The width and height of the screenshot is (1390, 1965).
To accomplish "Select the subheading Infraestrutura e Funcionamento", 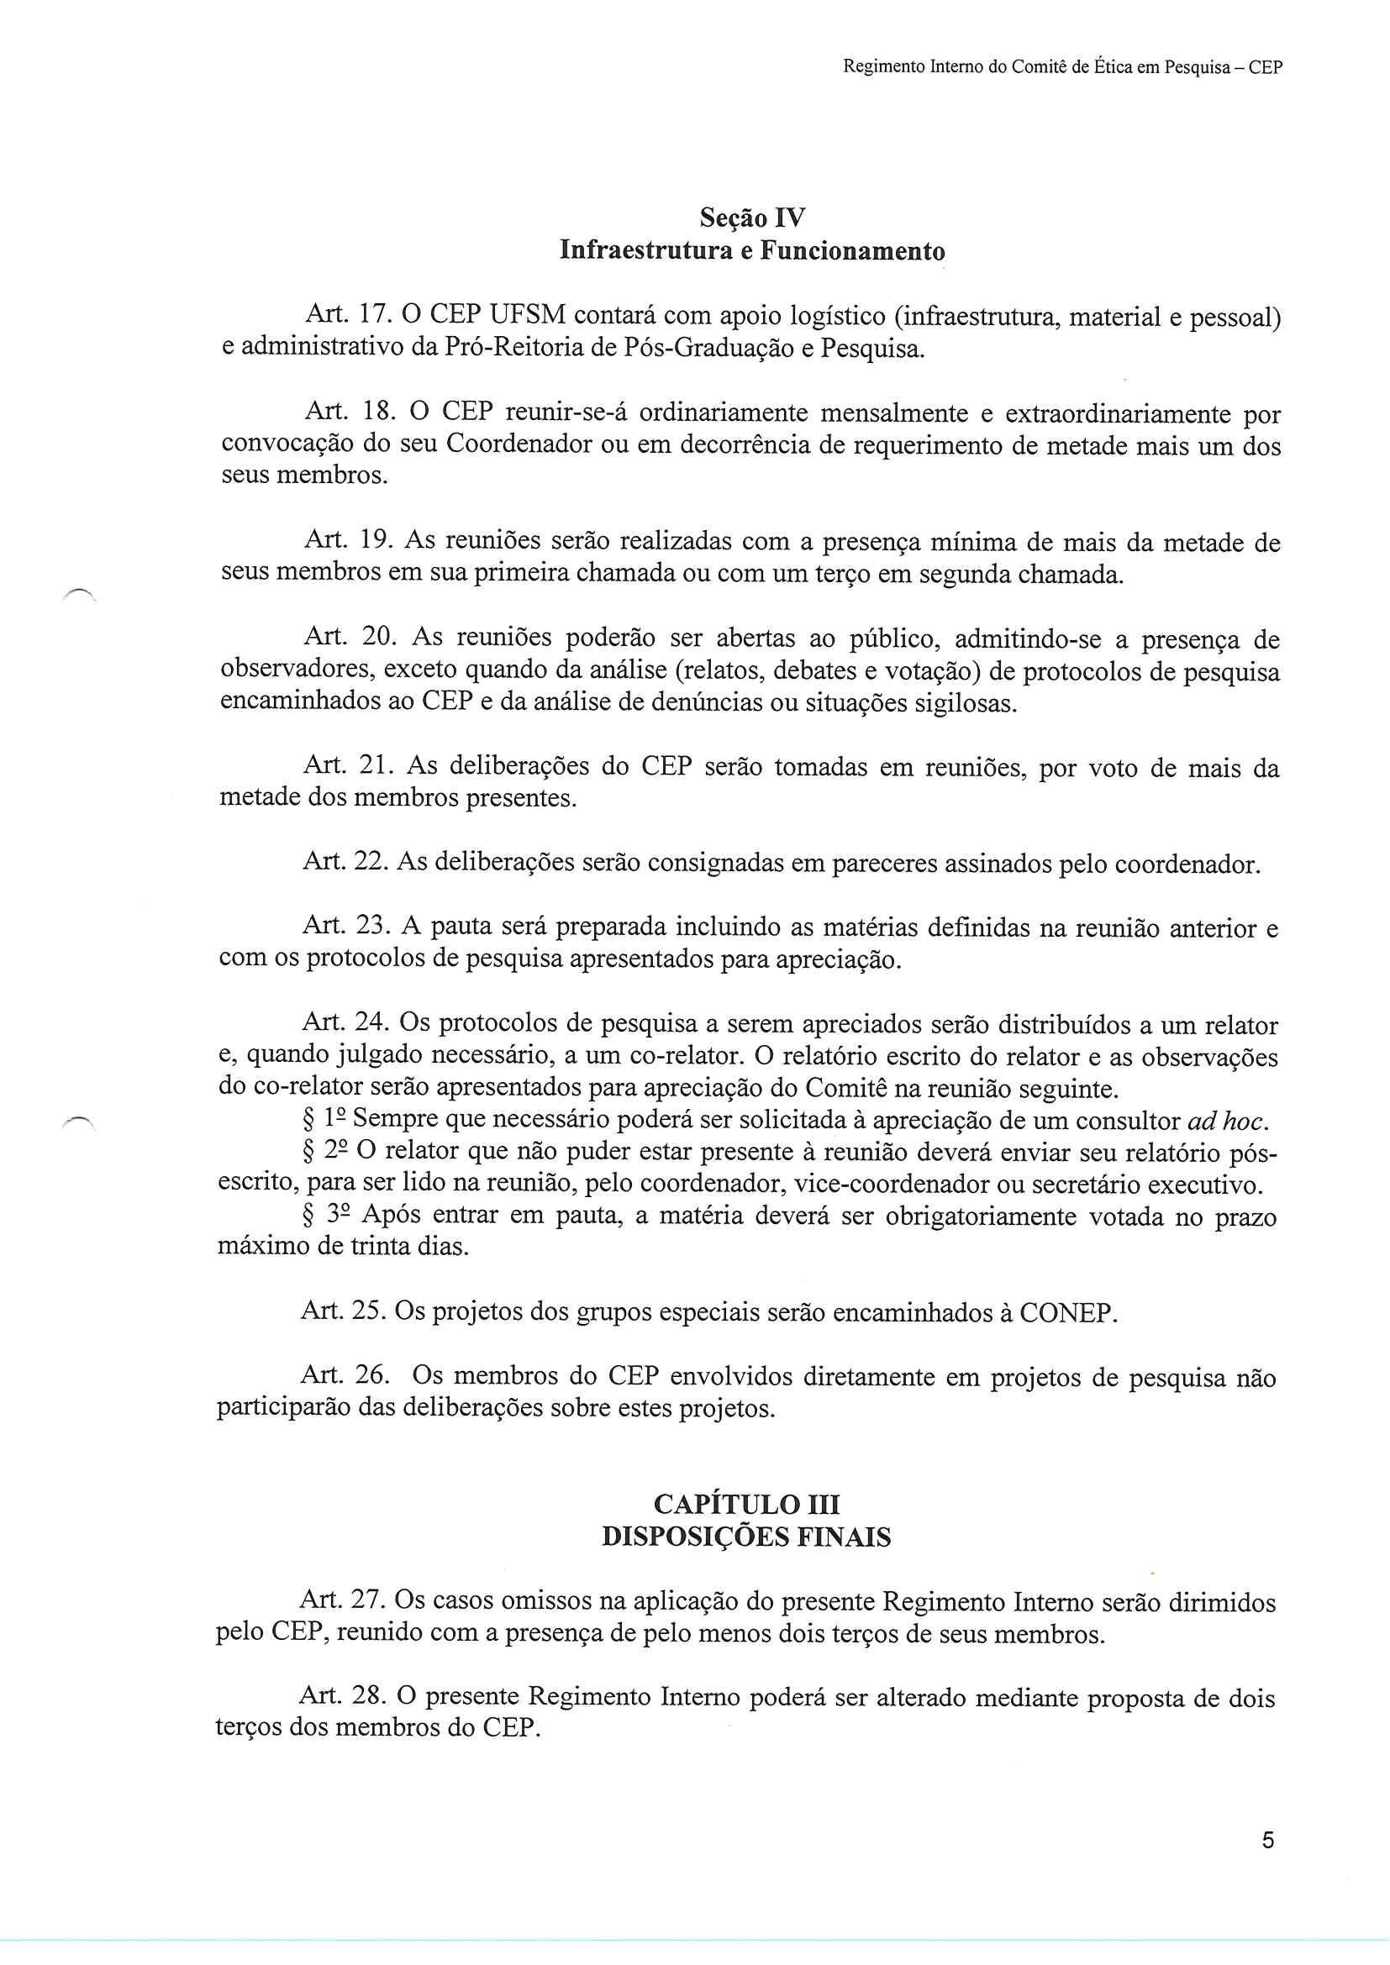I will tap(752, 252).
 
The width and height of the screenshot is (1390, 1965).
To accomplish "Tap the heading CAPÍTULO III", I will tap(746, 1505).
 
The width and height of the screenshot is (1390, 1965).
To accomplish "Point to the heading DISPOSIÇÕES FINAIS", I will tap(746, 1538).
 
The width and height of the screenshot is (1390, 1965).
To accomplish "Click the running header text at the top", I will tap(1062, 67).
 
